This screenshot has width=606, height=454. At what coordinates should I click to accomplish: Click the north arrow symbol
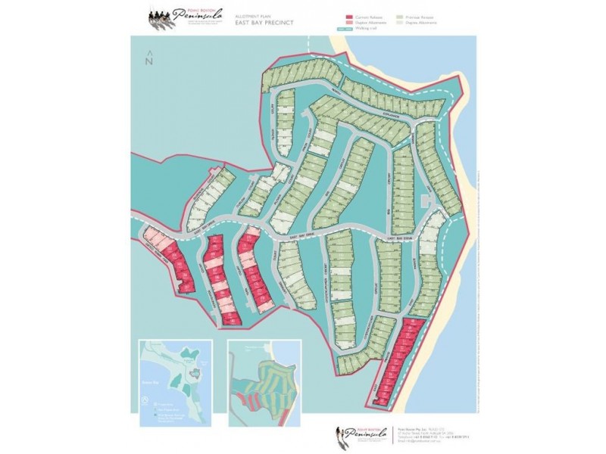click(150, 58)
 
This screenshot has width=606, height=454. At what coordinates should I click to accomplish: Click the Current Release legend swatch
click(349, 15)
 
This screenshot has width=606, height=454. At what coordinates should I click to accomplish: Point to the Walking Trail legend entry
click(371, 29)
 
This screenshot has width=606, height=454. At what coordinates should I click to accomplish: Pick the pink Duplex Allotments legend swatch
click(349, 22)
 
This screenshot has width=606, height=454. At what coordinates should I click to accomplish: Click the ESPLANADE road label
click(393, 114)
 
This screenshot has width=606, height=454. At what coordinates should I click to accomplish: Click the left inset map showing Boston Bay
click(177, 378)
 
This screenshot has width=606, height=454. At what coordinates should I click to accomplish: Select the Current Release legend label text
click(368, 15)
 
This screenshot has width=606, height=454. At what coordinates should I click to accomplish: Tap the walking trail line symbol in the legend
click(349, 29)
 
